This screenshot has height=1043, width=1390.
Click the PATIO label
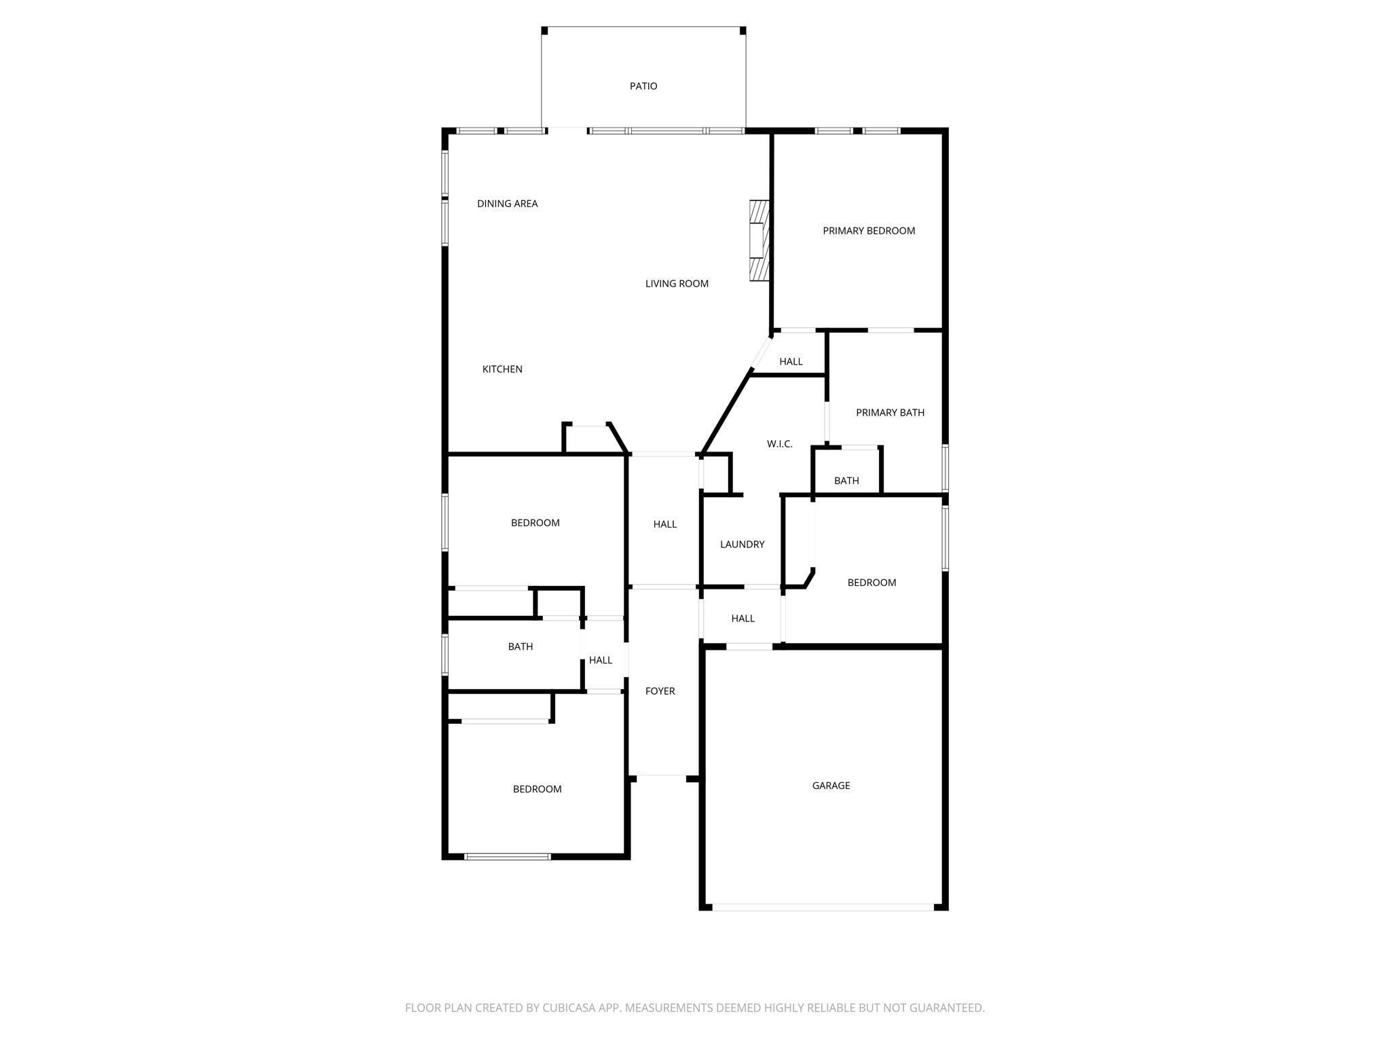643,86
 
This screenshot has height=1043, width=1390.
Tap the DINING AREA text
507,204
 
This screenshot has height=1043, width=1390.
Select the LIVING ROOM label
677,284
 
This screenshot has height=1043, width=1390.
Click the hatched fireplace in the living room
759,240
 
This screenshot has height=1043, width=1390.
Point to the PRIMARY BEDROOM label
869,231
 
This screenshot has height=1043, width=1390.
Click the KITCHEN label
502,369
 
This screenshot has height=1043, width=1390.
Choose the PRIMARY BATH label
890,413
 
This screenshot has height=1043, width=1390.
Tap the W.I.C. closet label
779,444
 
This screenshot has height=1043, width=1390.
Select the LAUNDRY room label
742,545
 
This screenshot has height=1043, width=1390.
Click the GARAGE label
831,786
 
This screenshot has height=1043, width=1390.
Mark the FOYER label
660,691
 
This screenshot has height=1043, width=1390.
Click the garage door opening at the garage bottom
823,907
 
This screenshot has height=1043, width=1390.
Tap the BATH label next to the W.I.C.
846,481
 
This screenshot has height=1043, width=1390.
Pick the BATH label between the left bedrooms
520,647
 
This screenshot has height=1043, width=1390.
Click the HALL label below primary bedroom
791,362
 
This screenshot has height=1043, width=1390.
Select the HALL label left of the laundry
664,524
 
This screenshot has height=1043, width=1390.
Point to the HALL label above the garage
743,619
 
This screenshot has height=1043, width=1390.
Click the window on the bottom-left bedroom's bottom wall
507,856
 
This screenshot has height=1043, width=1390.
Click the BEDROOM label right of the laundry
871,583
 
